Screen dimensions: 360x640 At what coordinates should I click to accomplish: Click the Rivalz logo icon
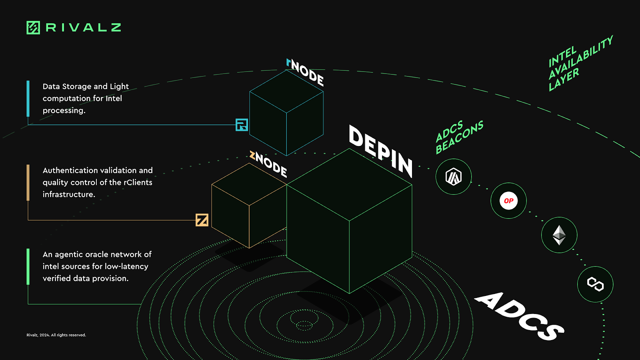pos(33,28)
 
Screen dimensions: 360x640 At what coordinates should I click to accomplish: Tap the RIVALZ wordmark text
pos(83,28)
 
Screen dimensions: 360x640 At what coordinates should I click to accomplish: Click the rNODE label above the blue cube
pos(305,72)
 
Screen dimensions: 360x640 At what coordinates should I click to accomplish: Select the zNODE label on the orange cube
pos(268,164)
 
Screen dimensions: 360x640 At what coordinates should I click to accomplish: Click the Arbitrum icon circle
pos(454,177)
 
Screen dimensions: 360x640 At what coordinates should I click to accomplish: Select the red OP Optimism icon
pos(508,201)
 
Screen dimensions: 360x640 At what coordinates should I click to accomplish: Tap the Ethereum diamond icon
pos(559,235)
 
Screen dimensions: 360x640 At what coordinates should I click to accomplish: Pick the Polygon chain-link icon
pos(595,284)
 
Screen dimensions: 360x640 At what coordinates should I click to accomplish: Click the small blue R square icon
pos(242,125)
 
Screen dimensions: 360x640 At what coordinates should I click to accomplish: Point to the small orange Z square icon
pos(202,220)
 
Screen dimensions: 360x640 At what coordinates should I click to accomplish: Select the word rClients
pos(138,182)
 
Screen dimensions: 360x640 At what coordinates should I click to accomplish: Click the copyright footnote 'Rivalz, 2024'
pos(56,335)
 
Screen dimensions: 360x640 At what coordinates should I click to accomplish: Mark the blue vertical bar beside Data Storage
pos(28,98)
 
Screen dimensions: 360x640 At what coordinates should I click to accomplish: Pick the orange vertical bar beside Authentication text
pos(28,182)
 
